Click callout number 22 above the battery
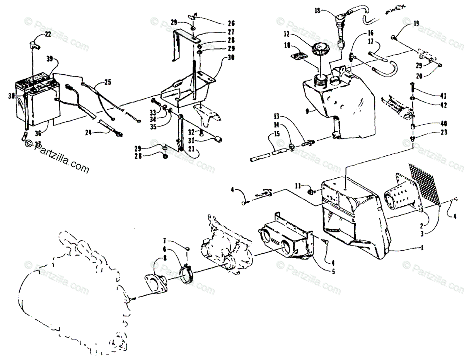pos(48,34)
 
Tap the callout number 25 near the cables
pos(107,82)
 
